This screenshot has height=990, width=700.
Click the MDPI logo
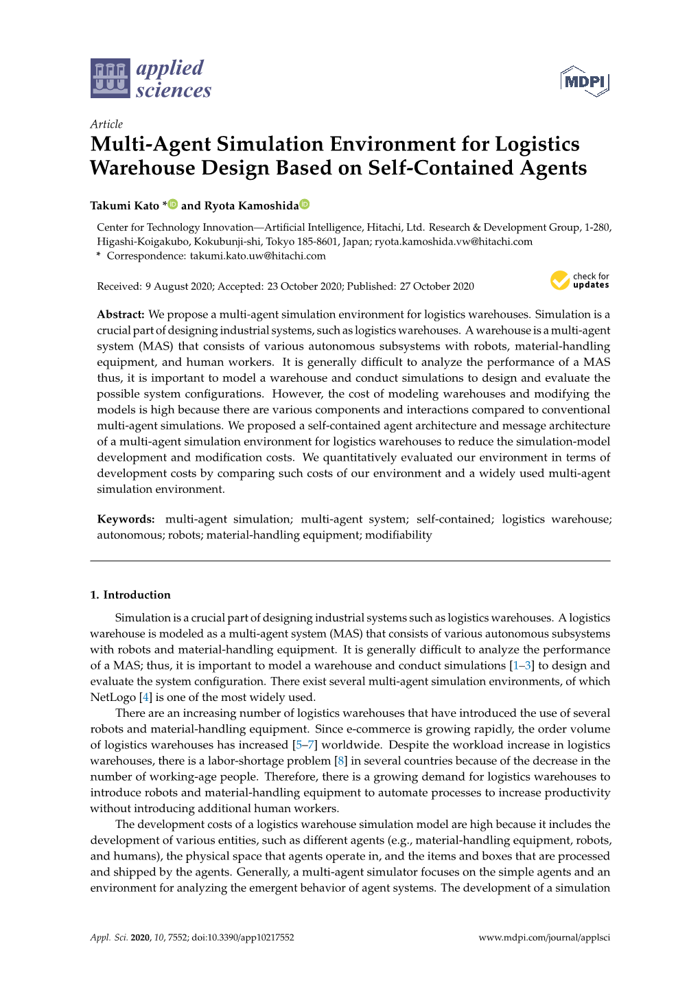585,82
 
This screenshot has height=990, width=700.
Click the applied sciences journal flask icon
110,78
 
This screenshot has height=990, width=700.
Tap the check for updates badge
580,280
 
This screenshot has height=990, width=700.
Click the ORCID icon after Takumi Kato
173,205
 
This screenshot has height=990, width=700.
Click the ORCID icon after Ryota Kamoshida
305,205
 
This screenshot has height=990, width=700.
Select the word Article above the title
106,124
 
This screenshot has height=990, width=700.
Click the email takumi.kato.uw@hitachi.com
257,256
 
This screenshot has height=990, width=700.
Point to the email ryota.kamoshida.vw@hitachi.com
453,242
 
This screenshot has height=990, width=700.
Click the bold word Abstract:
121,314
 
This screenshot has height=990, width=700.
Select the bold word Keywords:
126,519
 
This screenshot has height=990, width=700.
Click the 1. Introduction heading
130,595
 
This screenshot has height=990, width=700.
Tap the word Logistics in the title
537,144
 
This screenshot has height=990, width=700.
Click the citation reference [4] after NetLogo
145,697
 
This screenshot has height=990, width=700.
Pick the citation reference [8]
341,761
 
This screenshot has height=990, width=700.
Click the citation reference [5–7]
305,745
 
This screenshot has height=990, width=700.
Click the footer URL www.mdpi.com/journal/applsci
544,937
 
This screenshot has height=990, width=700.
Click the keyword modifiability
398,535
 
